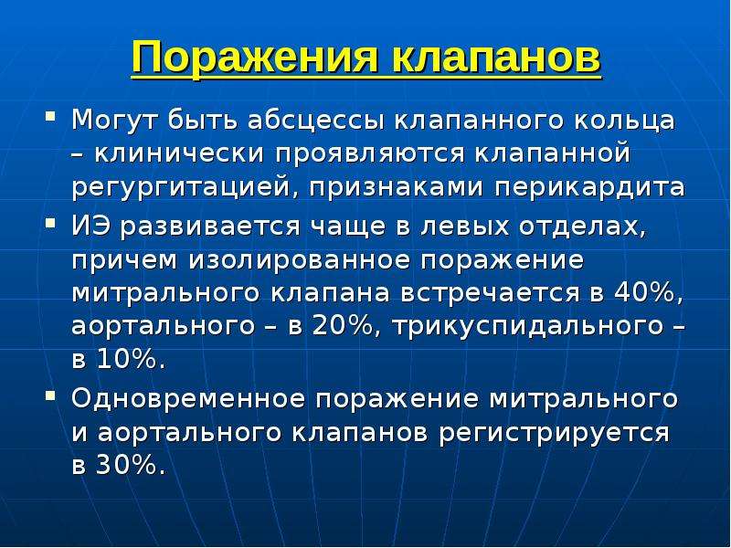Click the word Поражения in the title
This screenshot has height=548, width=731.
click(x=256, y=57)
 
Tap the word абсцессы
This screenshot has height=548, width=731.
click(x=316, y=121)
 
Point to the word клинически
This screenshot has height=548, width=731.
click(x=179, y=154)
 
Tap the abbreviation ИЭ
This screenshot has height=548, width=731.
click(x=92, y=227)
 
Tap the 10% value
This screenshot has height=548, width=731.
click(x=131, y=360)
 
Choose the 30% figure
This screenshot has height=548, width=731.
click(x=131, y=464)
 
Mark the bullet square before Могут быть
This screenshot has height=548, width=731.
click(x=50, y=116)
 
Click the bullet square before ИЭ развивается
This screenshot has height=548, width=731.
click(x=50, y=222)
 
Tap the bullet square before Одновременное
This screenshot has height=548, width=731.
click(x=50, y=395)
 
